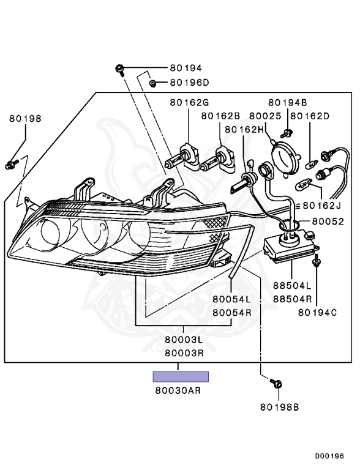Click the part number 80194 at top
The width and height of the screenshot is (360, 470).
click(186, 69)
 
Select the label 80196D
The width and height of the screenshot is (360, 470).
click(189, 83)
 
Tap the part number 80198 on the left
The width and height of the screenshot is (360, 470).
click(25, 119)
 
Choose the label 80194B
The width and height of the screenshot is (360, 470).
click(287, 102)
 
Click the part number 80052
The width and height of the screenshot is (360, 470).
click(328, 222)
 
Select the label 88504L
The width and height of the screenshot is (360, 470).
click(292, 286)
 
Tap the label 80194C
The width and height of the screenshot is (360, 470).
click(318, 312)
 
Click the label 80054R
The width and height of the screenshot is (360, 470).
click(232, 312)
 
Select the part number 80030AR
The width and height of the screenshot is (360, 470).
click(181, 389)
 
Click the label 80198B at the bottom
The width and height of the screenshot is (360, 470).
click(279, 406)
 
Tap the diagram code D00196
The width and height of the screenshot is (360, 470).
click(330, 456)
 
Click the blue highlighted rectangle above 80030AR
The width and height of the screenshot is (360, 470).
click(181, 376)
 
